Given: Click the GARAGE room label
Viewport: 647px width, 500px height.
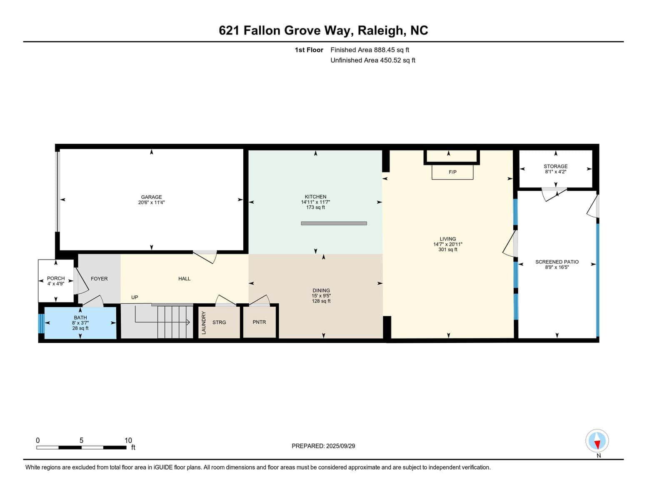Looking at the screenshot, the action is coord(151,197).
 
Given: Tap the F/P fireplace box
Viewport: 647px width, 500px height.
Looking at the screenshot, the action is coord(452,172).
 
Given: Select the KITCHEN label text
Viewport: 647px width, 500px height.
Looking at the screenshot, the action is coord(315,197).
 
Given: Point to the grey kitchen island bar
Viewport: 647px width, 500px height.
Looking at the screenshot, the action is coord(334,223).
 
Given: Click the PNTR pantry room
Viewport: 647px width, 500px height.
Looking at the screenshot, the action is coord(259,322).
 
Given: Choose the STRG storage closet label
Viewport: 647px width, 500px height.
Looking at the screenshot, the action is coord(219,322).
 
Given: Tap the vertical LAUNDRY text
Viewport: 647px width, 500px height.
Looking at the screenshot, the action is coord(204,322).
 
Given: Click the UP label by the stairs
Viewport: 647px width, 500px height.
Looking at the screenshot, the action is coord(135,297).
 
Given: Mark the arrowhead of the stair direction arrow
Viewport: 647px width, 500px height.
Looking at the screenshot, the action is coord(188,322).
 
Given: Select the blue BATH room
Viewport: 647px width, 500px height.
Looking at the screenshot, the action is coord(80,323).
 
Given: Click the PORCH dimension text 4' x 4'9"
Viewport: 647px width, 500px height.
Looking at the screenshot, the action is coord(56,284).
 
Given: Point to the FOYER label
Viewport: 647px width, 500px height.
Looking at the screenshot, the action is coord(99,279).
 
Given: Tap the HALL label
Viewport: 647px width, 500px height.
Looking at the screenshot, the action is coord(184,279).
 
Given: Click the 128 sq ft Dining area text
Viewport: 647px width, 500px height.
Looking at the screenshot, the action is coord(321,301).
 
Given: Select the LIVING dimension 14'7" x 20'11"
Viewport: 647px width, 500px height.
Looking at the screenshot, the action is coord(447,244).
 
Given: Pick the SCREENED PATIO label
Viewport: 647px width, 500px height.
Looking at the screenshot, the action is coord(557,262).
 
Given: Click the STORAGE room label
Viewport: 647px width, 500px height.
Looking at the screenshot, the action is coord(555,166).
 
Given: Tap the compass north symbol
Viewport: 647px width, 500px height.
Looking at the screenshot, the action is coord(597,440).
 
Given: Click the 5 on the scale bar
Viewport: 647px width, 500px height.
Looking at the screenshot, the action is coord(81,440).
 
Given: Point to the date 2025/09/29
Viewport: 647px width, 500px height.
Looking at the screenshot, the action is coord(340,446).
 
